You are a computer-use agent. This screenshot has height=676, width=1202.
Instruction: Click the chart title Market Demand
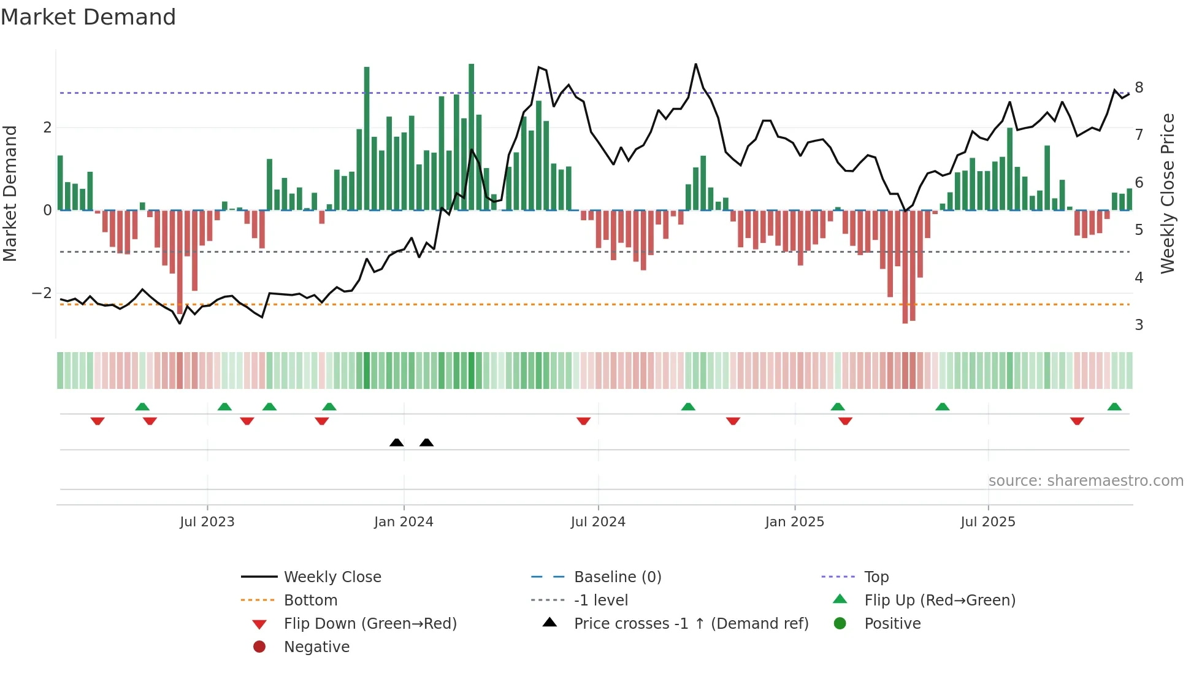click(x=88, y=17)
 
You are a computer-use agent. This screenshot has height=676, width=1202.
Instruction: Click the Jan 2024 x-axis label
click(x=404, y=522)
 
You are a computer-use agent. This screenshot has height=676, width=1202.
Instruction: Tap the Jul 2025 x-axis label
click(x=988, y=522)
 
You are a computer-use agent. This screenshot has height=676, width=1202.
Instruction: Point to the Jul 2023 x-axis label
click(x=207, y=522)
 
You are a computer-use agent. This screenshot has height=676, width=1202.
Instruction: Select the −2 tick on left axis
click(x=42, y=293)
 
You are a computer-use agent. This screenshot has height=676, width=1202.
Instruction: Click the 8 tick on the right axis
click(x=1139, y=88)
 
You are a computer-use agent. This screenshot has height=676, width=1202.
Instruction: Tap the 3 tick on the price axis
click(x=1139, y=325)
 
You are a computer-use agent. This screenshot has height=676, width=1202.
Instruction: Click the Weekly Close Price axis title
click(x=1168, y=193)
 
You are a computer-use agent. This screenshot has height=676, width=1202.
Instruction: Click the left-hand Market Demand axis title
click(x=10, y=193)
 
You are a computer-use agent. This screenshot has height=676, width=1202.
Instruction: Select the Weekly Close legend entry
click(x=332, y=577)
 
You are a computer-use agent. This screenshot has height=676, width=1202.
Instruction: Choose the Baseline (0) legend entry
click(x=617, y=577)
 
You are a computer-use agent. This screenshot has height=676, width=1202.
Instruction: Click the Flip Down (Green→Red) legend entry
click(x=370, y=624)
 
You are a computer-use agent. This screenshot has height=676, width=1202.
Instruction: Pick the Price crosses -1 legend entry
click(x=691, y=624)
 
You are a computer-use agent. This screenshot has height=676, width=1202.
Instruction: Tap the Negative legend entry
click(x=316, y=647)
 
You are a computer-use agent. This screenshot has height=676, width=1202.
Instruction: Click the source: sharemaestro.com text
click(x=1085, y=481)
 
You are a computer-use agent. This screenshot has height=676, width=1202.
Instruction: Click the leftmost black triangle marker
click(x=397, y=442)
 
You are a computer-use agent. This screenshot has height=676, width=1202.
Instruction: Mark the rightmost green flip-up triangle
click(x=1114, y=407)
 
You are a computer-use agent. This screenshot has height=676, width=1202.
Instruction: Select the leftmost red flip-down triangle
click(x=98, y=421)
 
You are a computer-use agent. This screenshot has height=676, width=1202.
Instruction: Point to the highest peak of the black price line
click(x=695, y=64)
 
